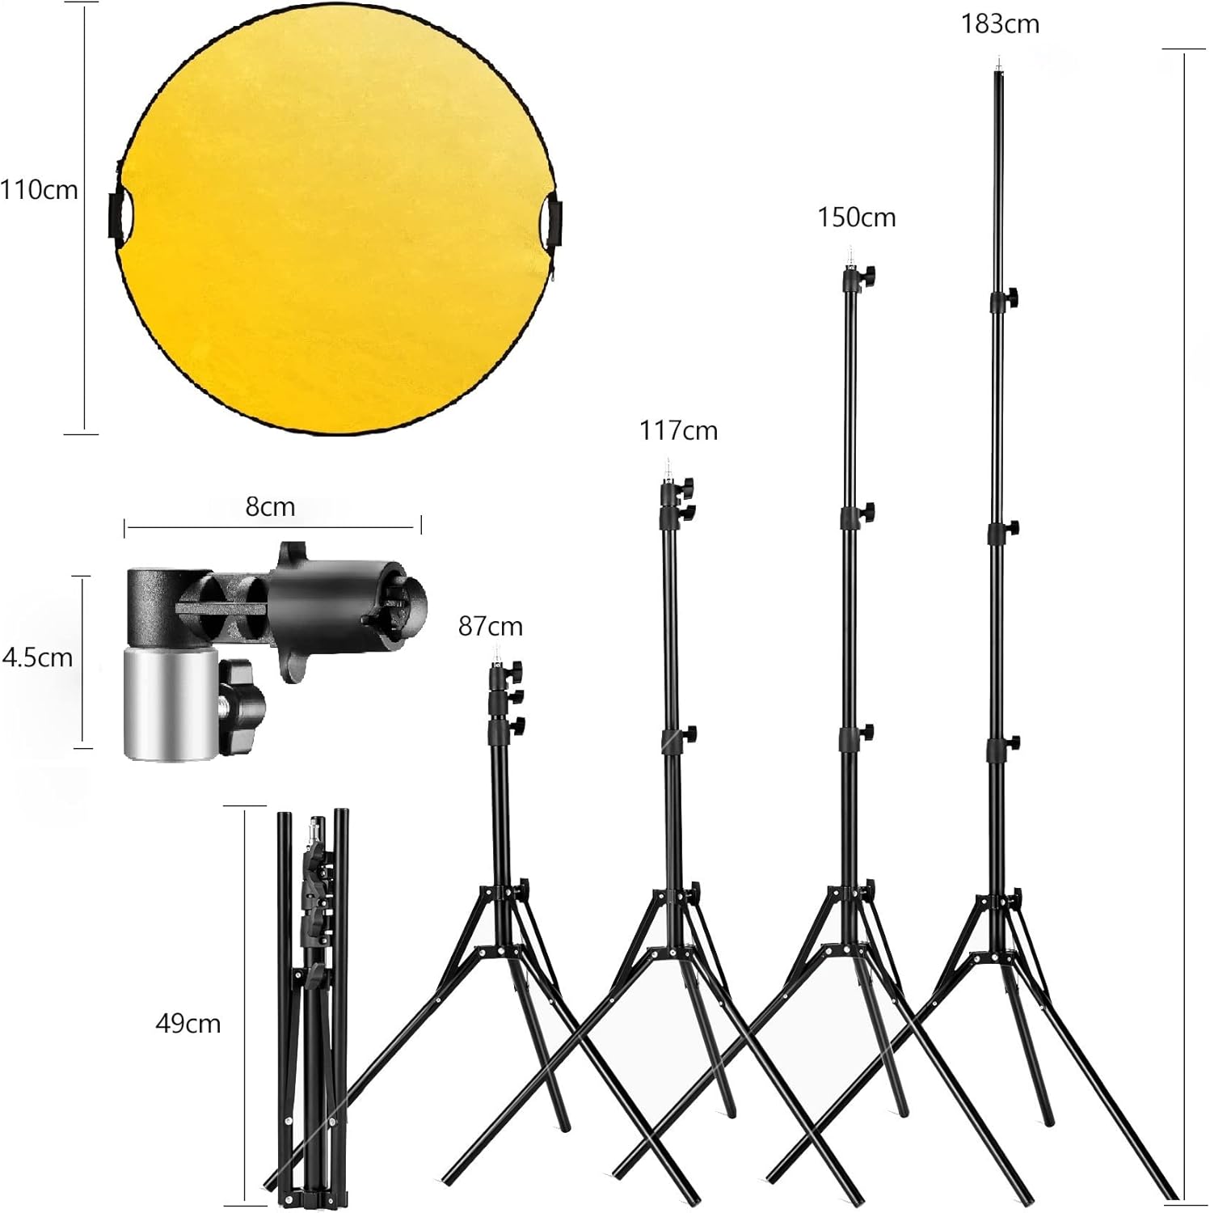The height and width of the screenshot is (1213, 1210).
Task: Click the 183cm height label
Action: pos(1000,24)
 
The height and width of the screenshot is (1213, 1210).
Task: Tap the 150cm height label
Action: pos(856,218)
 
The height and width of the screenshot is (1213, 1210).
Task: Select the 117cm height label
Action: pos(678,431)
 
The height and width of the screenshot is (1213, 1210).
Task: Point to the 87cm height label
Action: pos(490,627)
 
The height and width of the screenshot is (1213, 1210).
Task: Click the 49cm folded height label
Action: pos(188,1024)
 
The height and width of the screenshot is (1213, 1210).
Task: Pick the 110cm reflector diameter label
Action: pos(39,191)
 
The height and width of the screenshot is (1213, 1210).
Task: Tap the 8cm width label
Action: pos(270,507)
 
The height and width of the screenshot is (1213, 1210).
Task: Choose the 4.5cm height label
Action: pos(38,657)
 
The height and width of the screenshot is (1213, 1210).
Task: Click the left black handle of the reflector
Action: pos(116,214)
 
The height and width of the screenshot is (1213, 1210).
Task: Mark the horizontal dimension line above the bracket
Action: pos(272,528)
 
